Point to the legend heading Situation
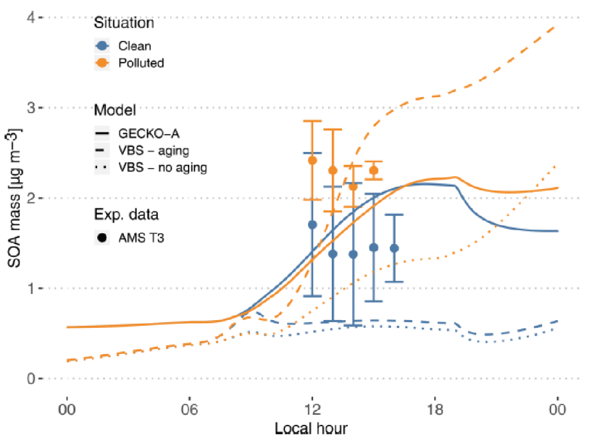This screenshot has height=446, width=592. (x=124, y=24)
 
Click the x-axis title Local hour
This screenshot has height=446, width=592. (x=311, y=427)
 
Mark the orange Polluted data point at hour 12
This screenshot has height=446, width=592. (x=312, y=160)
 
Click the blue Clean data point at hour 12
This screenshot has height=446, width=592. (x=312, y=224)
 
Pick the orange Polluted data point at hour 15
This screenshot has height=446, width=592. (x=374, y=170)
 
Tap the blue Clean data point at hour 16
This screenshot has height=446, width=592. (x=394, y=248)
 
